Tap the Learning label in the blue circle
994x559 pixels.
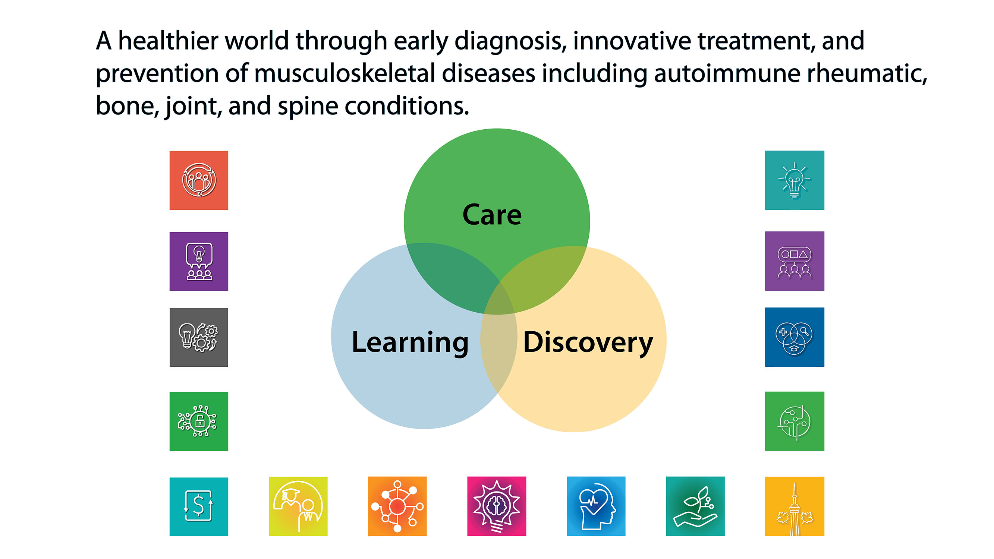[x=410, y=342]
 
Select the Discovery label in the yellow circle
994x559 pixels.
[x=588, y=342]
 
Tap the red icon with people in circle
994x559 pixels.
[x=199, y=180]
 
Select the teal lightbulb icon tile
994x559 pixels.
[x=794, y=180]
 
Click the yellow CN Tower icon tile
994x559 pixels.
[x=794, y=506]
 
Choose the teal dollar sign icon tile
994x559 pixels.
[x=199, y=506]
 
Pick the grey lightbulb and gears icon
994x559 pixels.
[x=199, y=337]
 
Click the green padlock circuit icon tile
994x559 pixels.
[x=199, y=421]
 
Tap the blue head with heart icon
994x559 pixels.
[x=596, y=506]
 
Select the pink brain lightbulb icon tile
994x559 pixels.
[x=497, y=506]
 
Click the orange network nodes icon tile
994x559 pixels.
[x=397, y=506]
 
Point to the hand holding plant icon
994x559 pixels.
[x=695, y=506]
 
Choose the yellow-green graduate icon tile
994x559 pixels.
[x=298, y=506]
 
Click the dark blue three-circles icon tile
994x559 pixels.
[x=794, y=337]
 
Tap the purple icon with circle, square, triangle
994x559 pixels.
[x=794, y=261]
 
